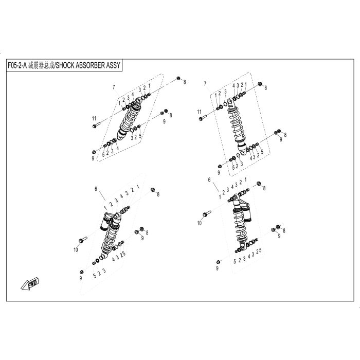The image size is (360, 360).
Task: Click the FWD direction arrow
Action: [x=30, y=284]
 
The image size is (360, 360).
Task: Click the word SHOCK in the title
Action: [x=65, y=65]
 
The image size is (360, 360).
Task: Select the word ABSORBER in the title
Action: [x=90, y=65]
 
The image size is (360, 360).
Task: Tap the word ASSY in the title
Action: [x=113, y=65]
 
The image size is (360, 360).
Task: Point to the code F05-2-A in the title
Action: [x=17, y=65]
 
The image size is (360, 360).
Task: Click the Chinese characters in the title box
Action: [x=41, y=65]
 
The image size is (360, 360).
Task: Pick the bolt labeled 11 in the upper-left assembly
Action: [x=96, y=125]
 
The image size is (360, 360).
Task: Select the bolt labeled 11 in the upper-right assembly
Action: [x=203, y=118]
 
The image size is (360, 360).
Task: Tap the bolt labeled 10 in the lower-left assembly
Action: [x=83, y=240]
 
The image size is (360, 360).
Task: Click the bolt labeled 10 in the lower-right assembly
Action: [x=207, y=213]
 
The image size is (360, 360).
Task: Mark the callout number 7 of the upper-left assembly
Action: [x=114, y=87]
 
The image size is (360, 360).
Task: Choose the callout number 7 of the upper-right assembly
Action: [x=205, y=84]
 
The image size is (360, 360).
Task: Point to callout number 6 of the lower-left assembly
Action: [x=96, y=189]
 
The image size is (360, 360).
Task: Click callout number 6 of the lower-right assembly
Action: [x=209, y=180]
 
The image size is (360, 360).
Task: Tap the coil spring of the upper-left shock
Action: [x=130, y=119]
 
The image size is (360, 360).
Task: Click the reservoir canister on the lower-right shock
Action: [x=246, y=213]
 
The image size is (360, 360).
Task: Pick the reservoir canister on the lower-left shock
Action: [x=106, y=222]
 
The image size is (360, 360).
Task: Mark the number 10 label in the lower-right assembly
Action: [x=200, y=223]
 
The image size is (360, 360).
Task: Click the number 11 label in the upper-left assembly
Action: [x=94, y=118]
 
